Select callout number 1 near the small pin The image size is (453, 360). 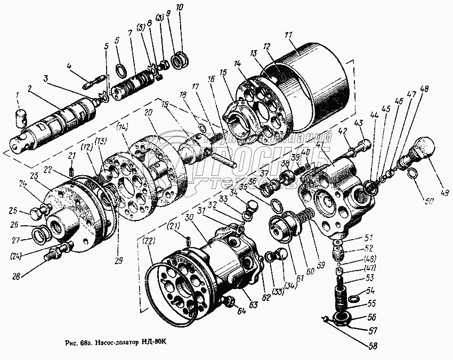[17, 95]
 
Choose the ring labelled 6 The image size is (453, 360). [121, 69]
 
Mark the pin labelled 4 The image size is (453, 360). [91, 83]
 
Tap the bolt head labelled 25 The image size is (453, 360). [36, 214]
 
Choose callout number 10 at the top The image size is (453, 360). [179, 7]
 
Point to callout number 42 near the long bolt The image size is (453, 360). [343, 130]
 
